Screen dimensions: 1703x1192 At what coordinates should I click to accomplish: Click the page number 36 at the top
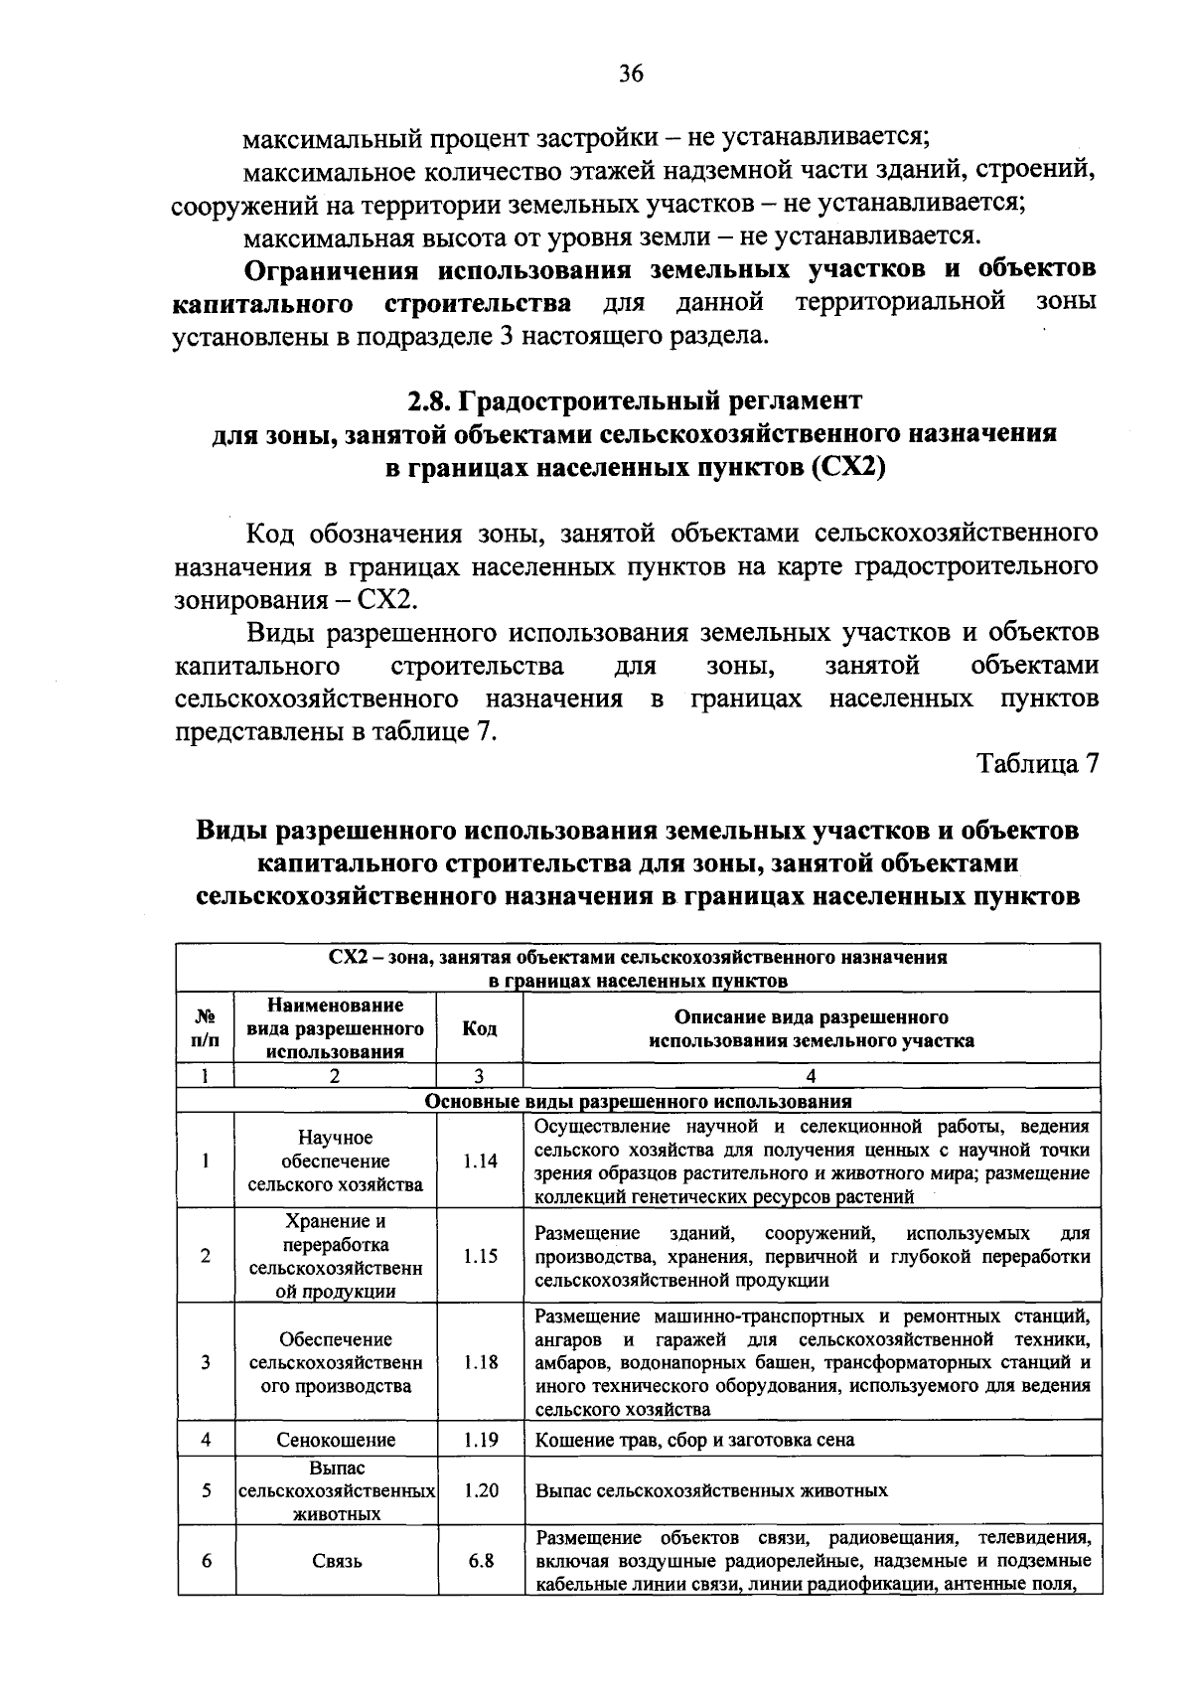(x=632, y=74)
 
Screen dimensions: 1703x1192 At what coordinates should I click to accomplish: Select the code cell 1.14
(x=480, y=1161)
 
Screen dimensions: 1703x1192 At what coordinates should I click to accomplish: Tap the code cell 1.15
(x=480, y=1256)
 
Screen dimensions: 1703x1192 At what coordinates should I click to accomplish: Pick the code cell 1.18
(x=480, y=1362)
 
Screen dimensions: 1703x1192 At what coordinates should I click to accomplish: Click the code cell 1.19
(x=480, y=1440)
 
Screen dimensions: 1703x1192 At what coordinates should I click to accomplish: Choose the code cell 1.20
(x=480, y=1490)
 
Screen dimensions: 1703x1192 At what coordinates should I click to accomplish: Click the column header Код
(x=480, y=1028)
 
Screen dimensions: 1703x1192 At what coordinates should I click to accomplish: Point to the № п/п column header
(x=206, y=1028)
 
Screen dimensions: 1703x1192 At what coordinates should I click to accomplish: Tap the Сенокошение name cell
(x=335, y=1440)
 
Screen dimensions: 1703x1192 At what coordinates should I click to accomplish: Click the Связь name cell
(x=337, y=1561)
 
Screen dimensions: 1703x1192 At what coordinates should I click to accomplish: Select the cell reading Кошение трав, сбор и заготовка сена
(x=694, y=1440)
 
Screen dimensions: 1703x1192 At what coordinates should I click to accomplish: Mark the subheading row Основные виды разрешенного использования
(x=638, y=1101)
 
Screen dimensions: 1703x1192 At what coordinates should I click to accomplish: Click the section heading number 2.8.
(x=429, y=401)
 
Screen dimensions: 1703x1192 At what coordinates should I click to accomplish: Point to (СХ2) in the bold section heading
(x=847, y=467)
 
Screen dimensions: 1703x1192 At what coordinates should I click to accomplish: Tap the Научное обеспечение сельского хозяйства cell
(x=335, y=1161)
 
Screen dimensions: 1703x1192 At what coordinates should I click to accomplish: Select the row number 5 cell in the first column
(x=206, y=1490)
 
